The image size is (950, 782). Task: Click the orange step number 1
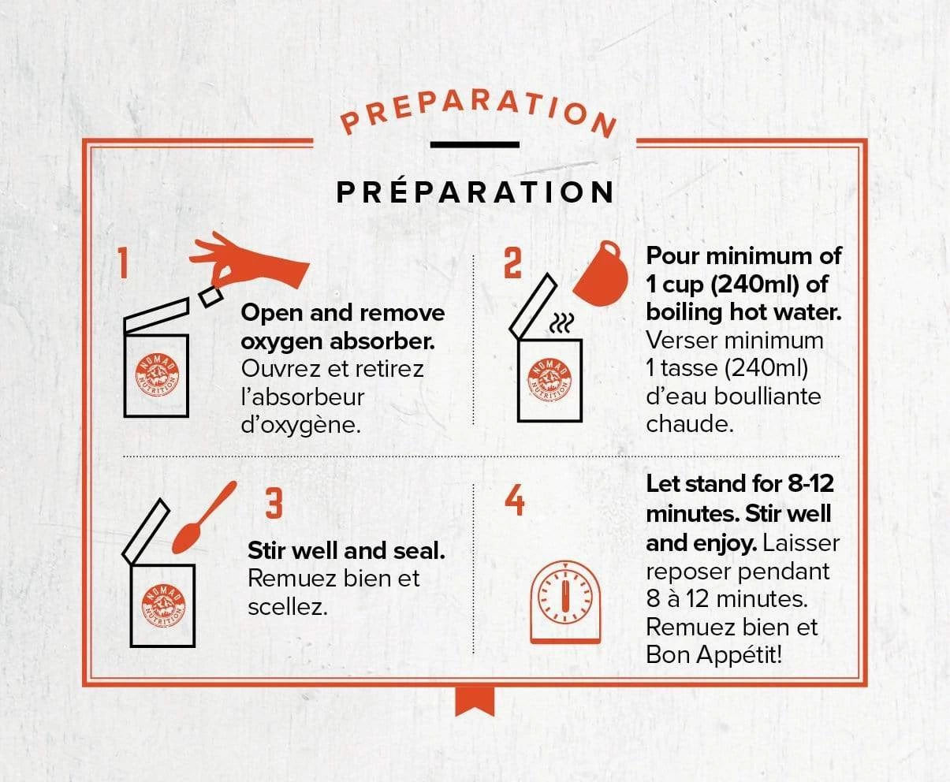(x=124, y=263)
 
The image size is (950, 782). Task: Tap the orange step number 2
(x=512, y=263)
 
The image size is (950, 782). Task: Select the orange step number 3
(x=274, y=504)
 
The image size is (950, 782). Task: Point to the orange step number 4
(x=514, y=500)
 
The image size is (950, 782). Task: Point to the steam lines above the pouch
(x=562, y=324)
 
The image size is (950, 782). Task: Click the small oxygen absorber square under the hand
(x=210, y=296)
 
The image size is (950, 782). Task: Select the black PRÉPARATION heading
(x=475, y=192)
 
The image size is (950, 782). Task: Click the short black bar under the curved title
(x=475, y=145)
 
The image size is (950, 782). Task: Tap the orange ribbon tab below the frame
(x=475, y=702)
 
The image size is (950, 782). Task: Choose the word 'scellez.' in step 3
(x=288, y=608)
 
